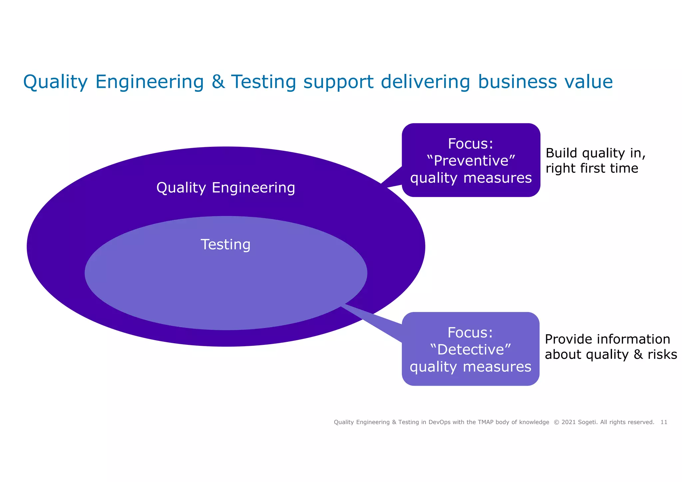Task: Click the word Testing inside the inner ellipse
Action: pyautogui.click(x=225, y=245)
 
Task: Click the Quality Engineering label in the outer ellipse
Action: pyautogui.click(x=225, y=188)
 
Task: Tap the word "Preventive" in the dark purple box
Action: pyautogui.click(x=471, y=161)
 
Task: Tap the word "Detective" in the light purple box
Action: pyautogui.click(x=471, y=350)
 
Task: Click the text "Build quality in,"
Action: pyautogui.click(x=595, y=153)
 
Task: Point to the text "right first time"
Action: pyautogui.click(x=592, y=168)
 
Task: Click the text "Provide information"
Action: pyautogui.click(x=607, y=339)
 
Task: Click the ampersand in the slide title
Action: pyautogui.click(x=218, y=82)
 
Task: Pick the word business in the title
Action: pyautogui.click(x=517, y=82)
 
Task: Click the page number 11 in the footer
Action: pyautogui.click(x=664, y=422)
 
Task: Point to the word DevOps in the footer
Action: pyautogui.click(x=439, y=422)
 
